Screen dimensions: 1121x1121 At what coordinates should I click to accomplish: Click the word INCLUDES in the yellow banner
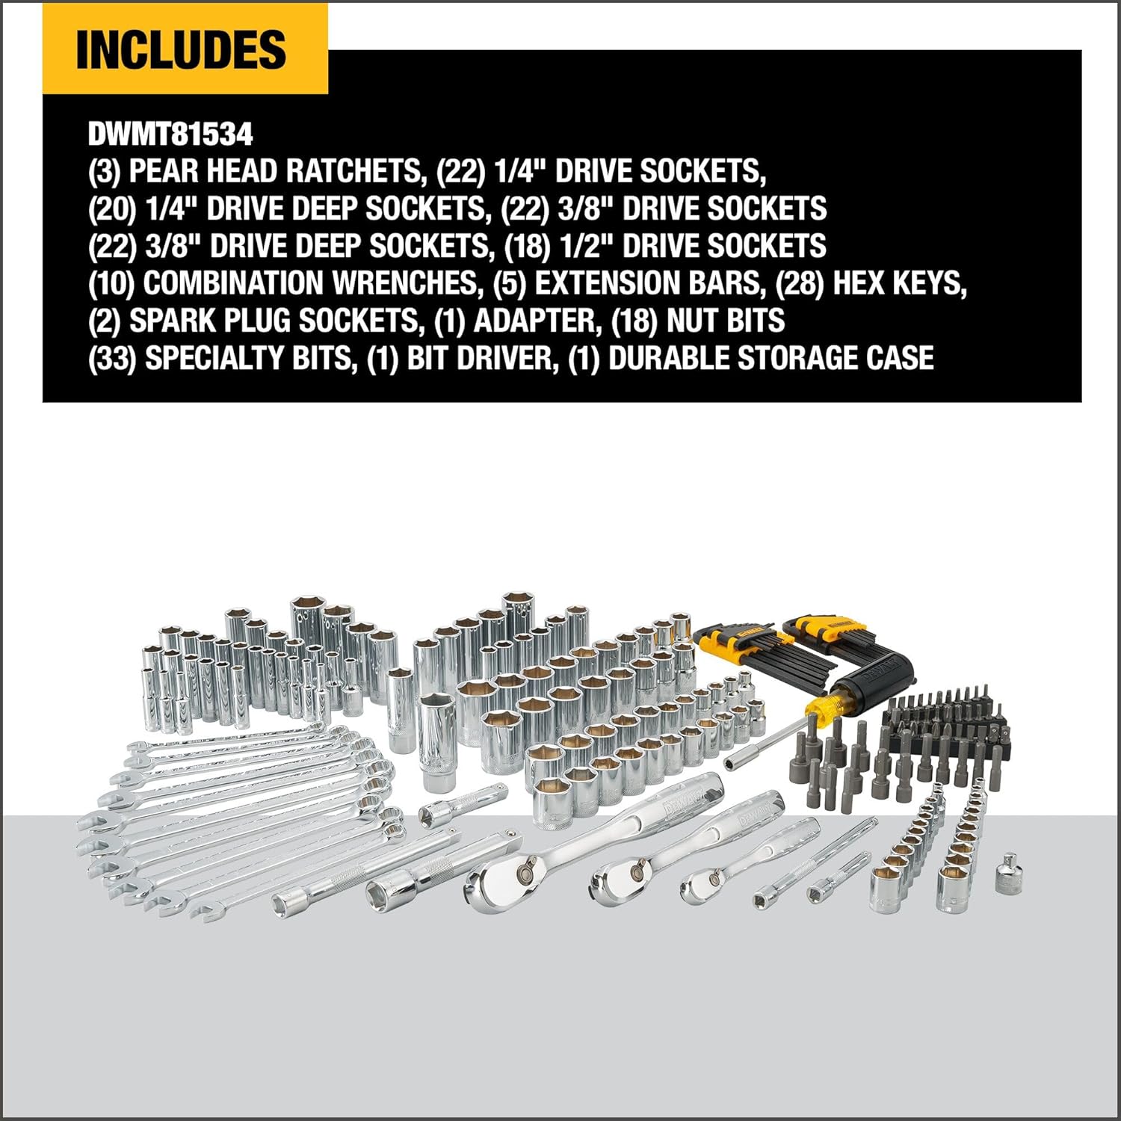click(182, 49)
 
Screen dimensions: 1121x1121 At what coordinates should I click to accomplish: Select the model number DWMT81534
click(170, 135)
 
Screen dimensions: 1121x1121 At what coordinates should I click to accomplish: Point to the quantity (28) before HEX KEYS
click(800, 283)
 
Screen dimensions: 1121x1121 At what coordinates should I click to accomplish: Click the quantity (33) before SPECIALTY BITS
click(112, 358)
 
